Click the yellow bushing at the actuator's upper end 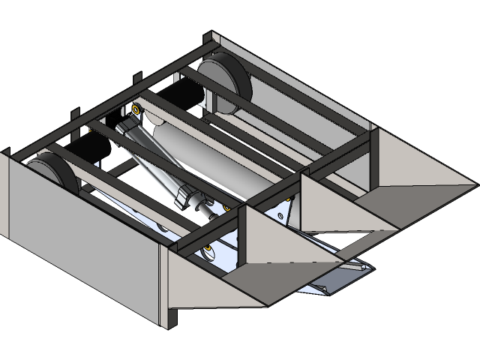(136, 109)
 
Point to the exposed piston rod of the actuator (210, 209)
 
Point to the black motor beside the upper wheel (180, 94)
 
